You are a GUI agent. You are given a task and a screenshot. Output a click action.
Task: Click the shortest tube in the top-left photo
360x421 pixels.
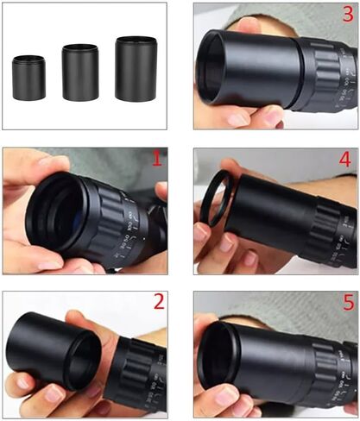pos(28,77)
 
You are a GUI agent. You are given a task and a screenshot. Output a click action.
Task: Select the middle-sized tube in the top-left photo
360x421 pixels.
pos(80,72)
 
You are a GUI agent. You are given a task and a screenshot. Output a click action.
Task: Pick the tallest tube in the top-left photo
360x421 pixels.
pos(136,68)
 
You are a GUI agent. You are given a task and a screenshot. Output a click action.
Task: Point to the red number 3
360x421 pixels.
pos(346,16)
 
